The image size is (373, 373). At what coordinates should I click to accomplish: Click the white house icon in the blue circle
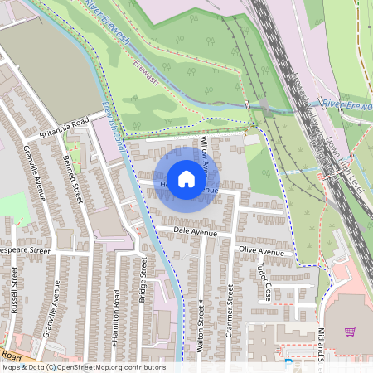186,178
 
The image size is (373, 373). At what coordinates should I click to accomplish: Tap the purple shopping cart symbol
350,332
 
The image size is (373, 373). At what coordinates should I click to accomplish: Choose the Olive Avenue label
261,249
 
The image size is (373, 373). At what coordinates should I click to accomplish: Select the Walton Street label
201,329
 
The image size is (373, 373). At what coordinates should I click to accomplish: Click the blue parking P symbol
288,362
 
